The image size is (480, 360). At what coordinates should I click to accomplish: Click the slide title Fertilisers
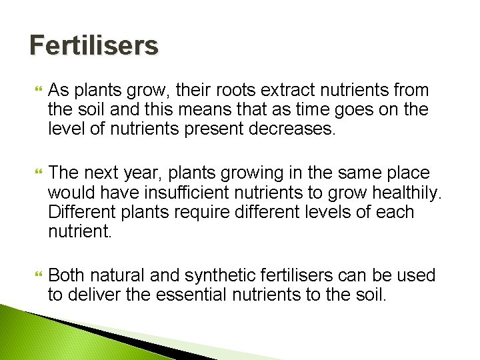94,46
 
